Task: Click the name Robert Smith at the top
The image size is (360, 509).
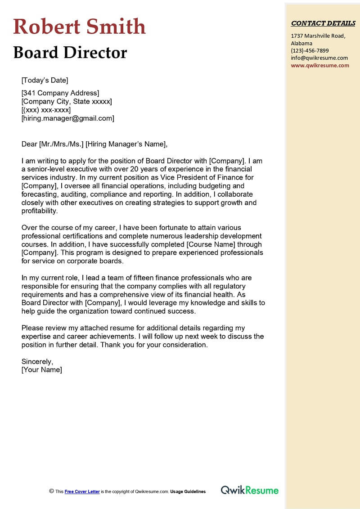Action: coord(79,27)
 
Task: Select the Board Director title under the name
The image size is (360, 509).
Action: coord(70,53)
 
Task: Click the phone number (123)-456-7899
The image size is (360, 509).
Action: coord(310,50)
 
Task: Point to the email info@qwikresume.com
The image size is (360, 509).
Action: coord(319,58)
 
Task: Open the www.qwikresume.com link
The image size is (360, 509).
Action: coord(320,65)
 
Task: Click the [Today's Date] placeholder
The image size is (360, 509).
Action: coord(45,81)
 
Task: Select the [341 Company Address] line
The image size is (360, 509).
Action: coord(60,93)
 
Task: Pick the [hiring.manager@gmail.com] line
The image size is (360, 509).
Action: coord(67,118)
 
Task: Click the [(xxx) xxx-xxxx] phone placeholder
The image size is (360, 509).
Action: coord(46,110)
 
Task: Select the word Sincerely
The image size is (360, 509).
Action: coord(37,361)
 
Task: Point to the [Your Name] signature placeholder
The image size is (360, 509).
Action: coord(41,370)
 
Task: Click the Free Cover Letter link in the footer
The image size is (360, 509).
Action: coord(82,492)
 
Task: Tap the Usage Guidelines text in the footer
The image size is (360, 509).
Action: coord(188,492)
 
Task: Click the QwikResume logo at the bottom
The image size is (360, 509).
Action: coord(249,491)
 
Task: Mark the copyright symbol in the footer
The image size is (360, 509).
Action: coord(51,492)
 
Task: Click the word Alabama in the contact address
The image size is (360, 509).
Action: coord(302,43)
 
